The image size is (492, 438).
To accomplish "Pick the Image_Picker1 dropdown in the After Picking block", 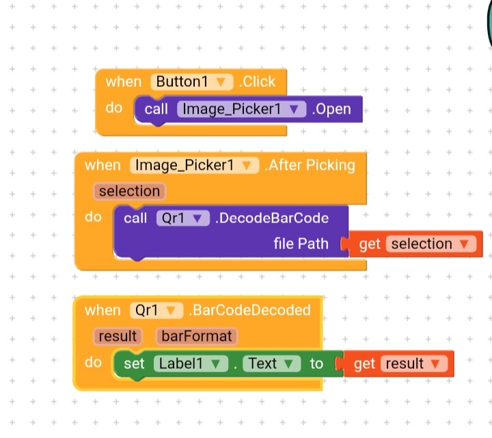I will (195, 165).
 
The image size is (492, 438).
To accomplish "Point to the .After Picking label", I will (310, 165).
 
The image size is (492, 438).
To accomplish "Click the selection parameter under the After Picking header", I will (129, 191).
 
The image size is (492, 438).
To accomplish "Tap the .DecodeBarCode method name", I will (272, 218).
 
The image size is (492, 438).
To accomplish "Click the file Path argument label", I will (301, 244).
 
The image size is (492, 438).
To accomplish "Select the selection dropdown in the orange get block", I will (430, 244).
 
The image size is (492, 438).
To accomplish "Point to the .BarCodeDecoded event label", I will (249, 310).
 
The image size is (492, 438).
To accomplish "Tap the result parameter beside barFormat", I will (118, 336).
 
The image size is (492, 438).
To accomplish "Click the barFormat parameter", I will (197, 336).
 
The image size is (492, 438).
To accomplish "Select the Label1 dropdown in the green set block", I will (191, 363).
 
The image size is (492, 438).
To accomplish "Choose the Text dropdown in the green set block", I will (271, 363).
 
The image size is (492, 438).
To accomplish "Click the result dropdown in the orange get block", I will (413, 363).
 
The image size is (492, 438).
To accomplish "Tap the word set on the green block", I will (134, 363).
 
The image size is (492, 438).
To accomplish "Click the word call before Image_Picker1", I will (156, 109).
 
